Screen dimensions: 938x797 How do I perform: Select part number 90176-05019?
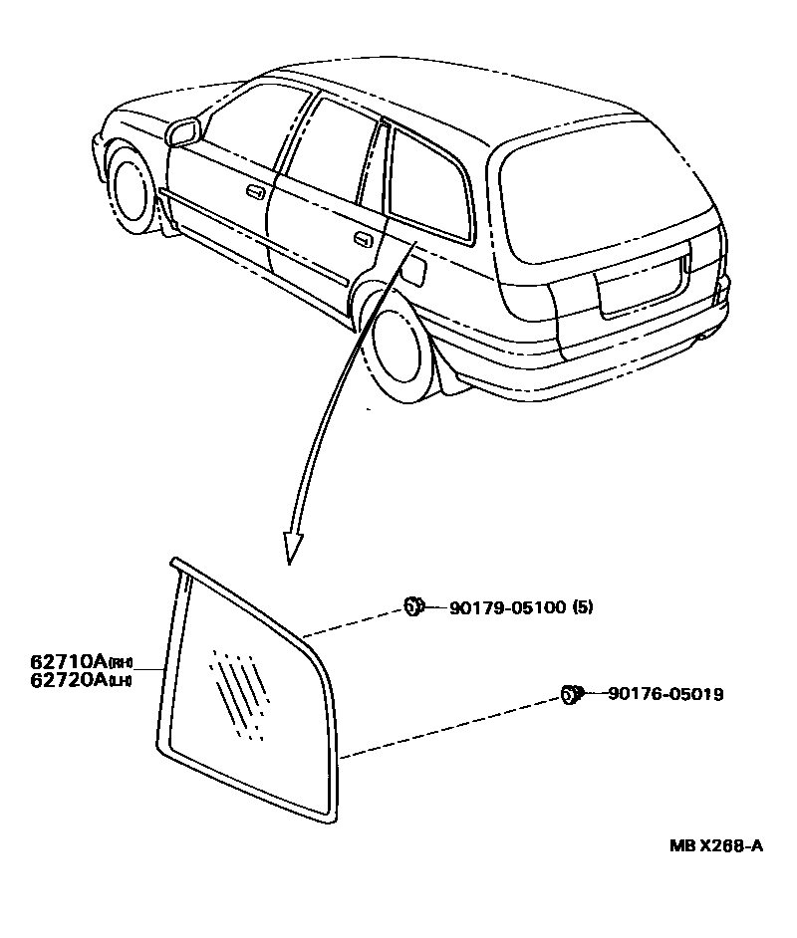coord(657,694)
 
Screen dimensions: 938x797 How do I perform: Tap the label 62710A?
coord(69,661)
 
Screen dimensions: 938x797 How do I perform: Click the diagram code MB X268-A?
coord(715,846)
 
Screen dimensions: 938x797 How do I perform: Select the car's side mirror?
coord(183,130)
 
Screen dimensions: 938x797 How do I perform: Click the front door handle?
coord(255,190)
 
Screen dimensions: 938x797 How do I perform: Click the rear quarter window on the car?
coord(428,184)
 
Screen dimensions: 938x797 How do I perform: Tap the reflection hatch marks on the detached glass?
coord(239,692)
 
